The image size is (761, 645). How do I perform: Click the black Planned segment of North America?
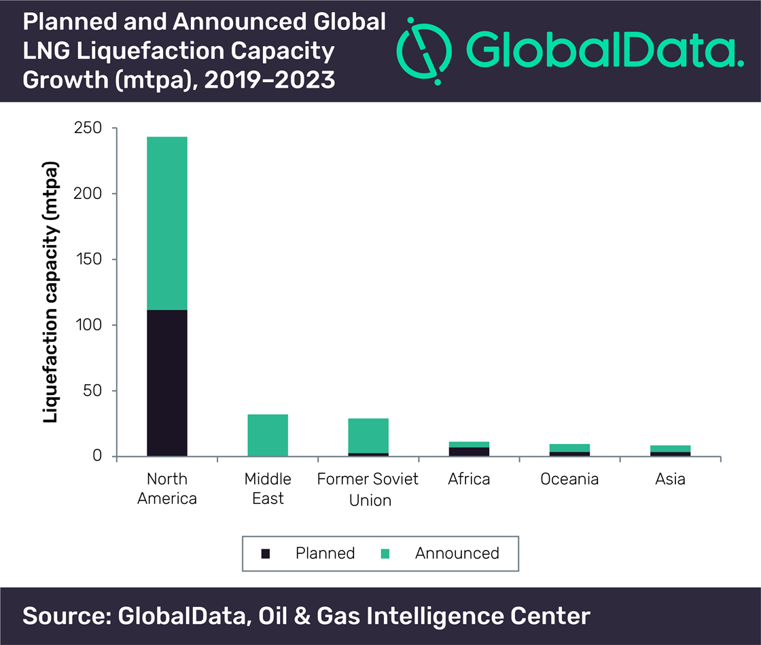[x=166, y=383]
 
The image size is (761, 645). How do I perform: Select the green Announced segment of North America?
[x=166, y=223]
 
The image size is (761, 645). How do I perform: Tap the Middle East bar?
[x=268, y=435]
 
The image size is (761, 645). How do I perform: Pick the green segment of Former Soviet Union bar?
[x=368, y=435]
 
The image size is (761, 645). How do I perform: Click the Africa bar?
[x=469, y=449]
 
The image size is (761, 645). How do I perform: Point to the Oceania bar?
[x=569, y=450]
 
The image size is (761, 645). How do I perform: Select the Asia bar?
[x=670, y=451]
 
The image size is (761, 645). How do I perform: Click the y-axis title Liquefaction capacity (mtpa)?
[x=51, y=292]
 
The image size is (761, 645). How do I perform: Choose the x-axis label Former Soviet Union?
[x=368, y=490]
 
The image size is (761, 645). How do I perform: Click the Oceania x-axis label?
[x=569, y=479]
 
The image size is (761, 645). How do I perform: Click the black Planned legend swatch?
[x=266, y=553]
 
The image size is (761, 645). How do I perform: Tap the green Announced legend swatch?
[x=385, y=553]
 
